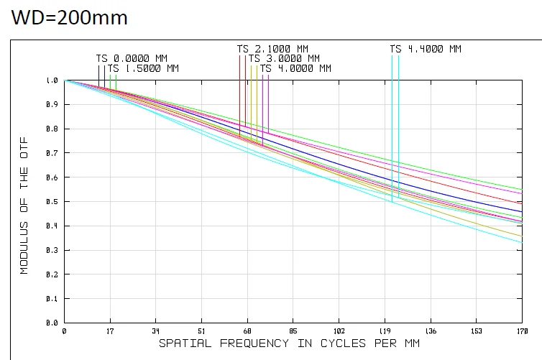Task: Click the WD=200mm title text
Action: point(69,17)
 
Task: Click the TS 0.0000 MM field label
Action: point(132,58)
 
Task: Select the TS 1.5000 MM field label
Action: point(143,68)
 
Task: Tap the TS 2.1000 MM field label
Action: point(272,49)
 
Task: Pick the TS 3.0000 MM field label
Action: point(284,58)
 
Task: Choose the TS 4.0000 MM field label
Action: point(295,68)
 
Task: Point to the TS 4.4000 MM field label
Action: point(426,49)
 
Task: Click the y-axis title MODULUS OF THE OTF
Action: point(24,206)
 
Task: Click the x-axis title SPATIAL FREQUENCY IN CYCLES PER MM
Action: point(289,343)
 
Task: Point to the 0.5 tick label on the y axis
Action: point(52,201)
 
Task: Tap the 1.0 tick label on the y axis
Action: point(52,80)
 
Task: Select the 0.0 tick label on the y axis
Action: point(52,323)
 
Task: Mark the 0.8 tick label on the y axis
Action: point(52,129)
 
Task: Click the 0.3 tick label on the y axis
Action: point(52,250)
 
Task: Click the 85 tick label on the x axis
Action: point(293,331)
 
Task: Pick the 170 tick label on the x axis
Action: point(523,331)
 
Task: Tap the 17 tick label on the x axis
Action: point(110,331)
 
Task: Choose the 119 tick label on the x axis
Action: point(385,331)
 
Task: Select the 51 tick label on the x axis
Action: point(201,331)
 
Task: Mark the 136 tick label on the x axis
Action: point(431,331)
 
